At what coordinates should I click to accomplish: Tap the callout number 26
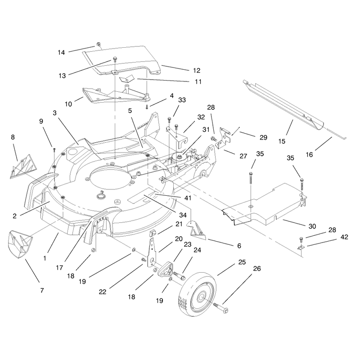click(x=257, y=268)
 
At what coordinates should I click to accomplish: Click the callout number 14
click(x=61, y=53)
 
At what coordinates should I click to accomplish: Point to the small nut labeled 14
click(x=99, y=44)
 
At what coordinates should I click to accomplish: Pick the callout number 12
click(x=197, y=71)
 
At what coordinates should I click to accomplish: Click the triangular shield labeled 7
click(x=21, y=244)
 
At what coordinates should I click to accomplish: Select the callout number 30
click(x=312, y=226)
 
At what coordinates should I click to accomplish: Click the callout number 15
click(x=282, y=141)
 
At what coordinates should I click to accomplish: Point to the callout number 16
click(x=309, y=154)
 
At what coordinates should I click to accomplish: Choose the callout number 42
click(x=344, y=237)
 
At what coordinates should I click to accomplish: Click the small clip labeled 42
click(x=301, y=247)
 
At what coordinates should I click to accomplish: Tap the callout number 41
click(x=188, y=198)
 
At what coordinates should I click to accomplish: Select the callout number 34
click(x=183, y=215)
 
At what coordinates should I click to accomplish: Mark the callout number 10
click(x=68, y=104)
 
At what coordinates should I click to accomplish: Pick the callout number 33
click(x=182, y=100)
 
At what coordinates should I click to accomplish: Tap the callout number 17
click(x=59, y=268)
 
